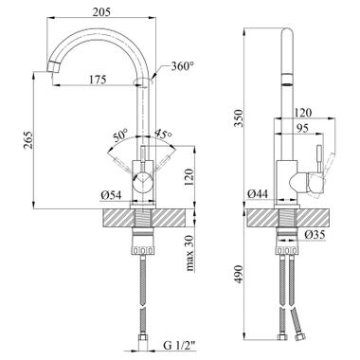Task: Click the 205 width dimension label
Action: point(101,11)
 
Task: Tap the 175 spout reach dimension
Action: point(97,80)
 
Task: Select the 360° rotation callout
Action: point(183,66)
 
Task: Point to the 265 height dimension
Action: point(28,140)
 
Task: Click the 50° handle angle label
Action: point(120,135)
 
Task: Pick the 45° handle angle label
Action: point(163,134)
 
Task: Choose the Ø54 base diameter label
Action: point(111,196)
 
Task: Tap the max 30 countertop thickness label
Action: point(189,253)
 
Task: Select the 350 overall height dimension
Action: point(239,118)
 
